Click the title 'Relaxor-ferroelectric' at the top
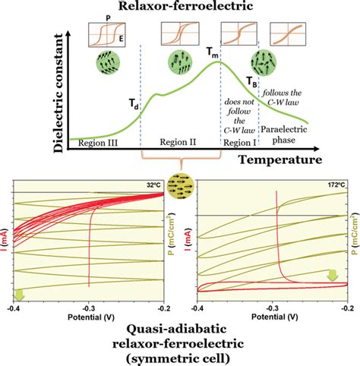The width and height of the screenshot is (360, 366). pos(180,8)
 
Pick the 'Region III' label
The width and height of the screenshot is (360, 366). pos(94,141)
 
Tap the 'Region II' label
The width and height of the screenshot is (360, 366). pos(180,141)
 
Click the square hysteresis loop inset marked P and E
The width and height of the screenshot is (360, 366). pos(104,36)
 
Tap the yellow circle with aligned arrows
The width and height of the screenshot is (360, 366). pos(180,185)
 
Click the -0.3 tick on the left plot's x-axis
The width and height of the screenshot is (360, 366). pos(90,310)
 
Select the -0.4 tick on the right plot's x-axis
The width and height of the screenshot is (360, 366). pos(196,310)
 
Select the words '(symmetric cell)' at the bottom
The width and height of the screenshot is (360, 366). pos(180,357)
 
